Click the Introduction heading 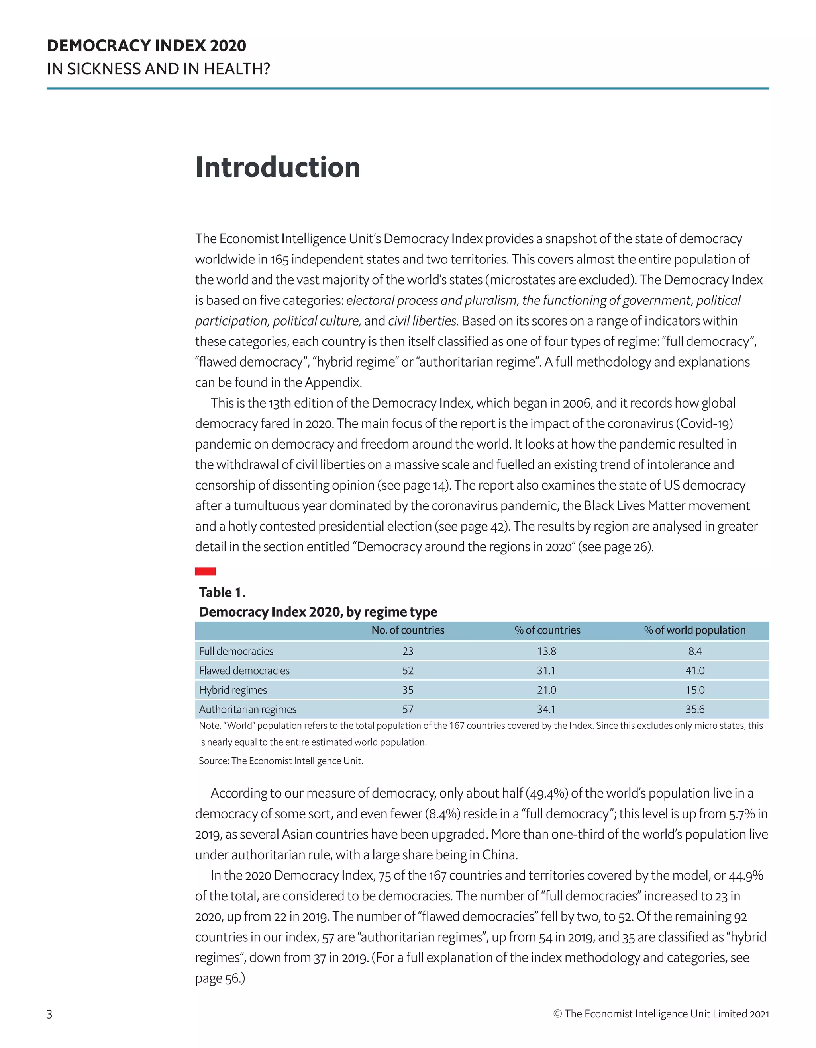[x=278, y=168]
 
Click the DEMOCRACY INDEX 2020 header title [x=147, y=46]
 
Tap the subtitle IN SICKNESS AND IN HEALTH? [x=158, y=69]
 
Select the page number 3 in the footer [x=49, y=1014]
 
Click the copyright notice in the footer [x=661, y=1013]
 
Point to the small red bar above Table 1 [x=205, y=571]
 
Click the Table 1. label [x=222, y=593]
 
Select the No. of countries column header [x=408, y=630]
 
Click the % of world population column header [x=694, y=630]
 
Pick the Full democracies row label [x=236, y=651]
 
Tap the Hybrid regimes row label [x=233, y=690]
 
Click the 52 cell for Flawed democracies [x=408, y=671]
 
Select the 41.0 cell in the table [x=694, y=671]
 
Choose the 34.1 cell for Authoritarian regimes [x=547, y=709]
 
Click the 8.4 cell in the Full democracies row [x=694, y=651]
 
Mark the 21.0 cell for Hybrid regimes [x=547, y=690]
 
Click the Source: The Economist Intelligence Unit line [x=281, y=761]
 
